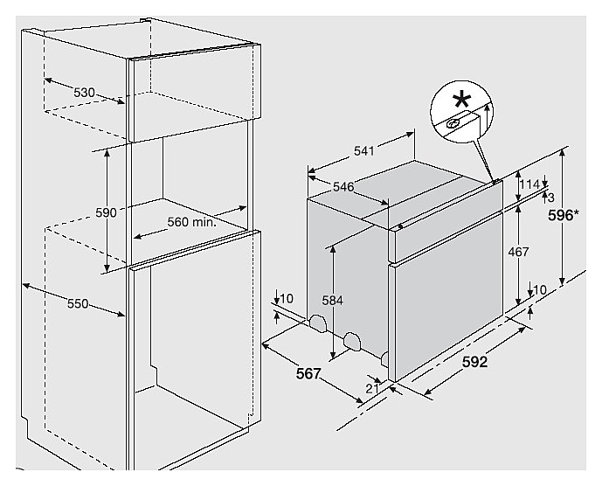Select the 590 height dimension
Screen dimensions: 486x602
coord(106,212)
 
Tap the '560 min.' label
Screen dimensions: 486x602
coord(191,222)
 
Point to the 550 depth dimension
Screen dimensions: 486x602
coord(78,303)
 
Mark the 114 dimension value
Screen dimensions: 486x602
coord(529,184)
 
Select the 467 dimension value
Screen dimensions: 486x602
coord(519,252)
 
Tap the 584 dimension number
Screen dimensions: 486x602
coord(331,301)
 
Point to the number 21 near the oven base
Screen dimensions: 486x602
coord(371,387)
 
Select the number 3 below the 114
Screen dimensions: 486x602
coord(550,198)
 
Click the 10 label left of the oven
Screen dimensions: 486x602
coord(288,299)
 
